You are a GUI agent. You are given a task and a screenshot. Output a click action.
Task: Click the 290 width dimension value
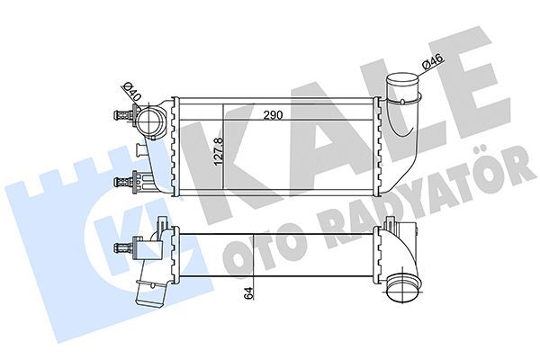273,114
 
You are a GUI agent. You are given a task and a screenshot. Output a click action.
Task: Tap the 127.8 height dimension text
219,151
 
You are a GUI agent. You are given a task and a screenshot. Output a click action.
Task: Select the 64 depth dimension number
248,292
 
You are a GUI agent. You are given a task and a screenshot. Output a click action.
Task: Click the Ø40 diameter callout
131,91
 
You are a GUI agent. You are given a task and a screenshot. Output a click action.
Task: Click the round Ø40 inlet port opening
149,121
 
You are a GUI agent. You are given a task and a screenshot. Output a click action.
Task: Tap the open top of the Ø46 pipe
402,78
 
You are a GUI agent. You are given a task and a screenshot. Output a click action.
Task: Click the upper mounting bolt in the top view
124,114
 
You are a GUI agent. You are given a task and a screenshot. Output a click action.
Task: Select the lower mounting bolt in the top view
124,181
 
